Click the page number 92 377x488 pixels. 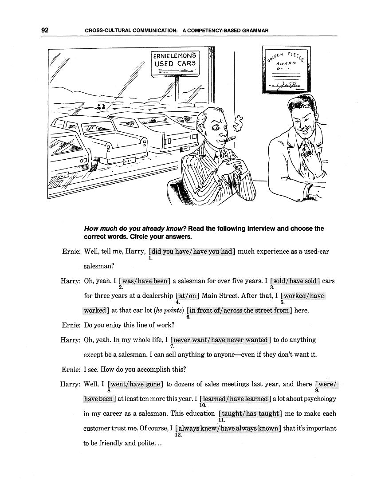point(44,30)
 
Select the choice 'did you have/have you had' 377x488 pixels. point(192,252)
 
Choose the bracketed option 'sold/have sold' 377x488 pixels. point(295,281)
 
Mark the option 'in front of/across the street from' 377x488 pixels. point(240,310)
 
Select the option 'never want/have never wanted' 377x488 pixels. point(220,340)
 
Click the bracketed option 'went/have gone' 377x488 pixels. point(135,384)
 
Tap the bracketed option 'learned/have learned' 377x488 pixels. point(235,399)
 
